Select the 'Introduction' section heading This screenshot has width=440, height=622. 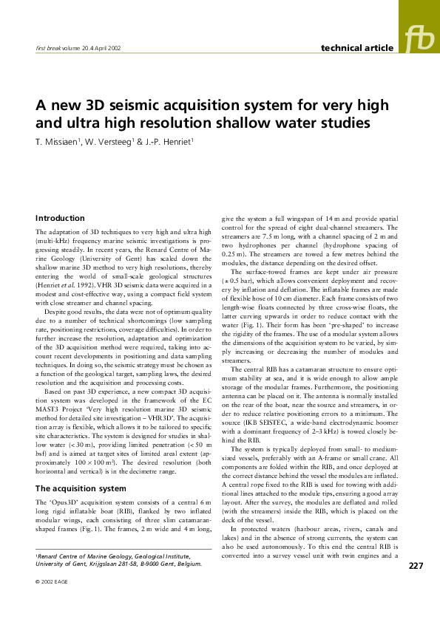coord(61,218)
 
